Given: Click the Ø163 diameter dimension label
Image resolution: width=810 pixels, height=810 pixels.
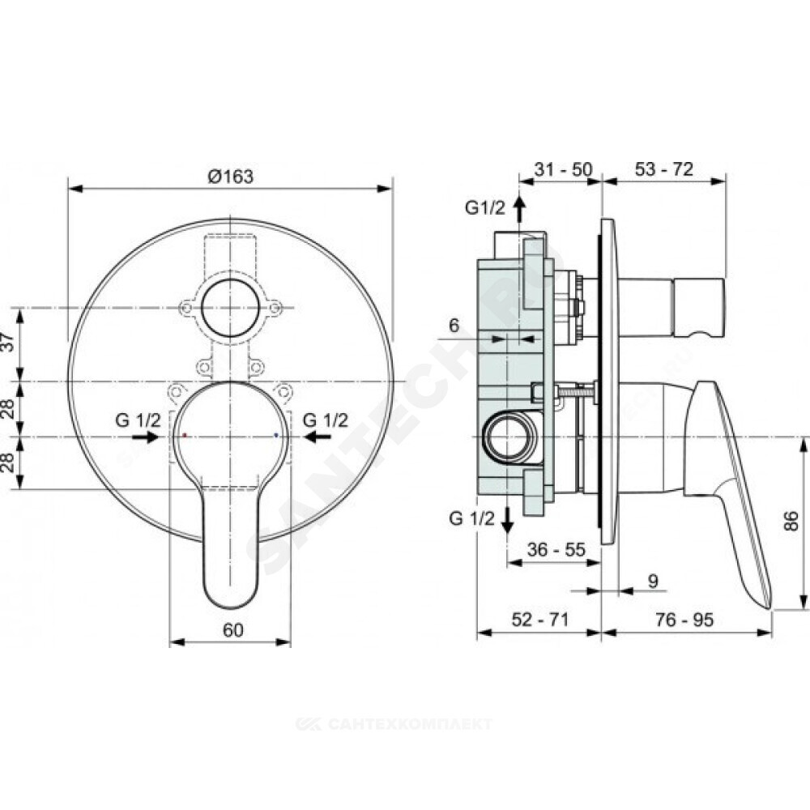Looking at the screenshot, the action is click(231, 177).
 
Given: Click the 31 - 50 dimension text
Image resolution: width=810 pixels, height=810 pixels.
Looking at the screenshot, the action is click(563, 169).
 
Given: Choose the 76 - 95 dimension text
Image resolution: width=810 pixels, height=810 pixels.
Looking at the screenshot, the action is click(685, 620).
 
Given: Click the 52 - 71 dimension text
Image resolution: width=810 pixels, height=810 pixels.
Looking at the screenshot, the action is click(539, 620).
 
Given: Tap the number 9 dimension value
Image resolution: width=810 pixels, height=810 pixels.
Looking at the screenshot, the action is click(654, 581).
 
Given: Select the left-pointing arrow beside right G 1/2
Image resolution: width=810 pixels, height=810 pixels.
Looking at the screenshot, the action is click(318, 437).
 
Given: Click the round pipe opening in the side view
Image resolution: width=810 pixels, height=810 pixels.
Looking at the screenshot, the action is click(506, 437).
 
